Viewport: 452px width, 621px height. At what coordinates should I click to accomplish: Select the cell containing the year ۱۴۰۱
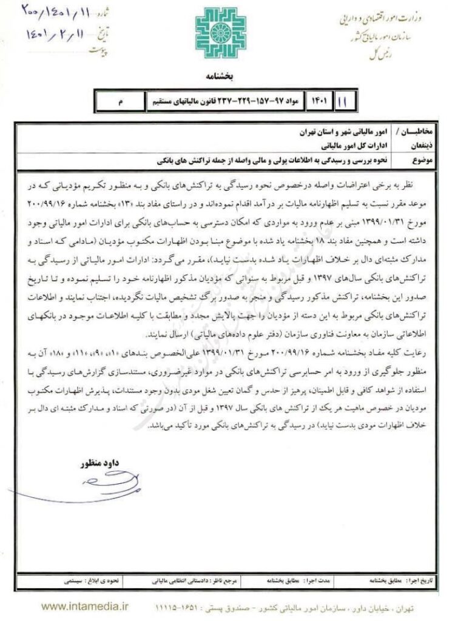click(318, 100)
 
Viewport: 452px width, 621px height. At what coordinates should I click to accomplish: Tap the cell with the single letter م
click(121, 101)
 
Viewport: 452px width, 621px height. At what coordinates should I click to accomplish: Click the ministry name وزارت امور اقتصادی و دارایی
click(388, 18)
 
